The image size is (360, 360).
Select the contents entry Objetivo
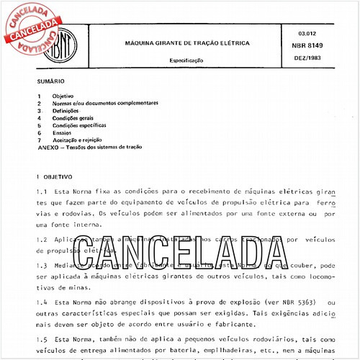pyautogui.click(x=63, y=96)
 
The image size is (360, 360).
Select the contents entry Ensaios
pyautogui.click(x=63, y=132)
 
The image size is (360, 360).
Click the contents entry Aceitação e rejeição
pyautogui.click(x=78, y=139)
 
